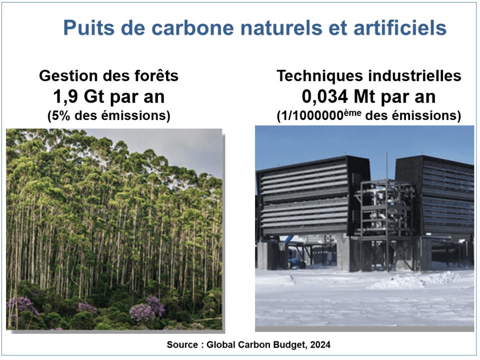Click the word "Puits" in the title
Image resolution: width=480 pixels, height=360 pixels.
pyautogui.click(x=89, y=27)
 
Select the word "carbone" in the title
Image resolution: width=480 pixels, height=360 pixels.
pyautogui.click(x=192, y=27)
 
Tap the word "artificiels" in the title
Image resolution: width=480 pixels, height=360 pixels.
pyautogui.click(x=400, y=27)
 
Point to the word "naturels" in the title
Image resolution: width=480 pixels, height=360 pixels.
pyautogui.click(x=281, y=27)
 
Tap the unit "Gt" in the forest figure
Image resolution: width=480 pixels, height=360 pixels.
pyautogui.click(x=94, y=96)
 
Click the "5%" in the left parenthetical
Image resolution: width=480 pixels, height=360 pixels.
pyautogui.click(x=60, y=115)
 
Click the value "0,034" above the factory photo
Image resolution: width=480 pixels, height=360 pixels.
pyautogui.click(x=325, y=96)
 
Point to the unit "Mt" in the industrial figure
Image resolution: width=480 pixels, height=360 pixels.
pyautogui.click(x=364, y=96)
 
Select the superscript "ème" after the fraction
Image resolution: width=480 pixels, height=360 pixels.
pyautogui.click(x=352, y=112)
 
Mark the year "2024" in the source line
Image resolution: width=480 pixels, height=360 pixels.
pyautogui.click(x=320, y=344)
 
